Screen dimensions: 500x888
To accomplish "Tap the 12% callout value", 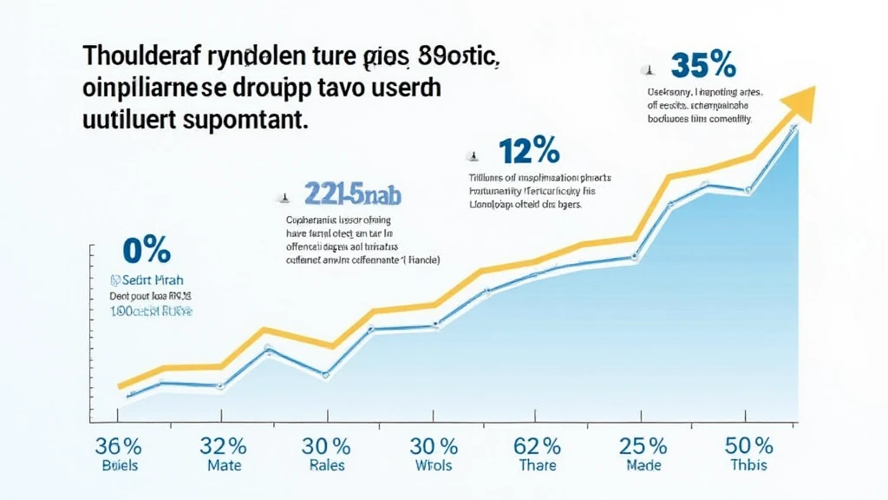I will (x=529, y=151).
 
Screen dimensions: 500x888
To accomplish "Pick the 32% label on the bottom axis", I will (x=223, y=447).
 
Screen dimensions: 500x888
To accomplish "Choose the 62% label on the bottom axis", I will (x=537, y=447).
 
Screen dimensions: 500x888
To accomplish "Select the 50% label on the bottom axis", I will (x=748, y=447).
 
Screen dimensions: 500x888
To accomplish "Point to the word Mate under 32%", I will (x=223, y=466).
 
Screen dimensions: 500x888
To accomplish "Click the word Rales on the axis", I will (x=326, y=466).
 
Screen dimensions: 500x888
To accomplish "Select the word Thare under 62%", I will (x=537, y=466).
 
